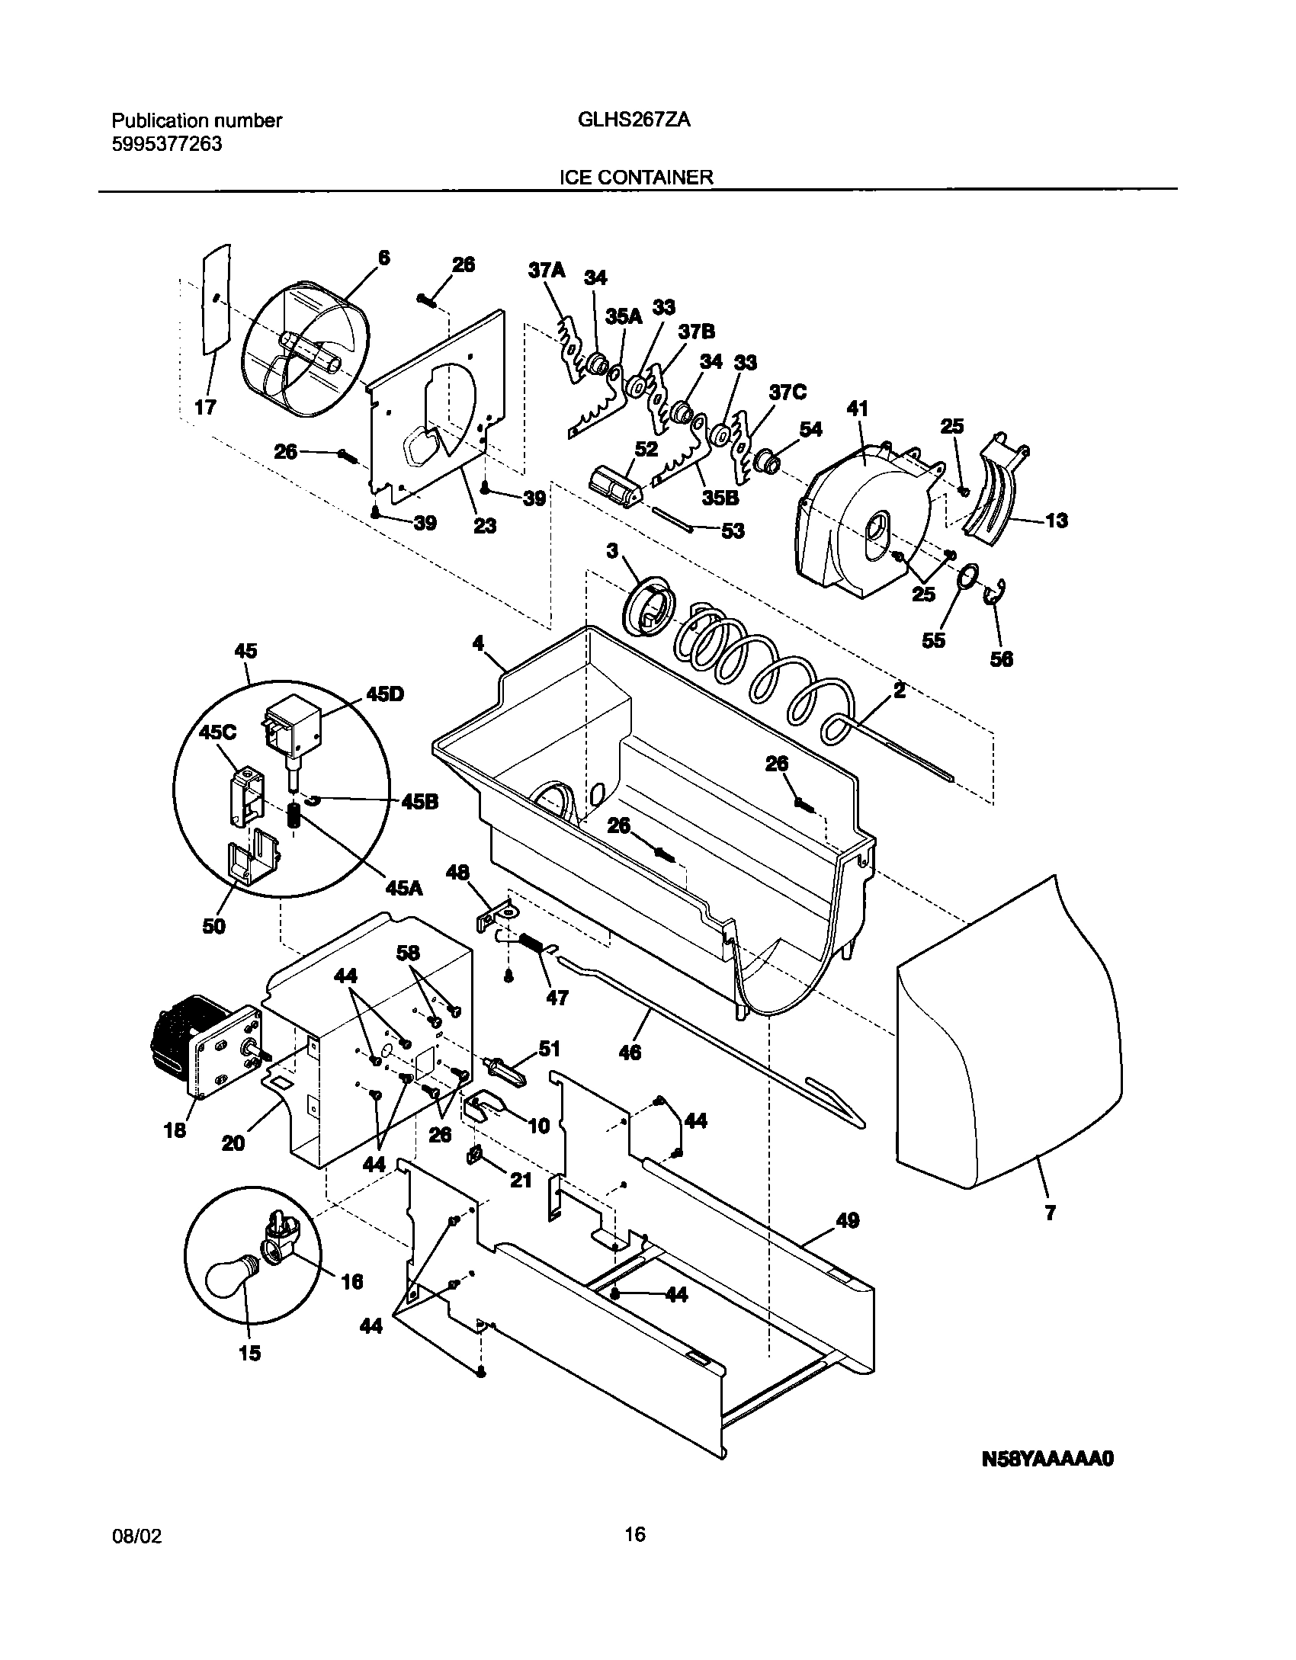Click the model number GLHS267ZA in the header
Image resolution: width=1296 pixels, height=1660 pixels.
tap(630, 120)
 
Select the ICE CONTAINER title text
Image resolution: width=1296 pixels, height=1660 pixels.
tap(637, 178)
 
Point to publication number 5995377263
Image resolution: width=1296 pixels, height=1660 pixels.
tap(167, 144)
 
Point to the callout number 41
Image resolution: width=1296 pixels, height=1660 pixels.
tap(858, 409)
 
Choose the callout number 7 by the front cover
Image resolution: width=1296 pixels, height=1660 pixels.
tap(1050, 1213)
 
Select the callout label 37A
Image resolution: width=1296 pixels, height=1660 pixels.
tap(547, 270)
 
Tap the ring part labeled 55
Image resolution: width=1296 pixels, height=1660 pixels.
tap(966, 576)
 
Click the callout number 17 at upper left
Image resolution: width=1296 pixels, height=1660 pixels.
tap(205, 407)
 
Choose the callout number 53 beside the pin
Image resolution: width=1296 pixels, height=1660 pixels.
tap(732, 530)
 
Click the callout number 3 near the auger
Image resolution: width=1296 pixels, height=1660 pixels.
tap(611, 550)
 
